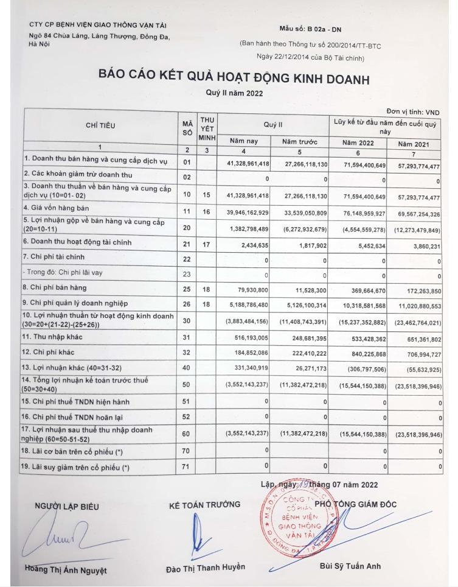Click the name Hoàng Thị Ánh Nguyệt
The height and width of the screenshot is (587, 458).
[x=68, y=570]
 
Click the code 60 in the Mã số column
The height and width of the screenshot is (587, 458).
[x=187, y=435]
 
